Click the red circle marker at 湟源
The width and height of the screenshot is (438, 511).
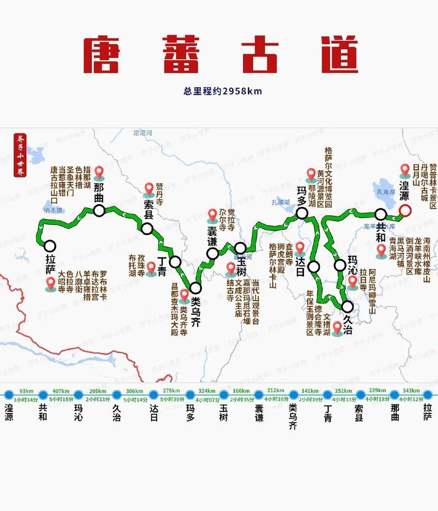[x=405, y=210]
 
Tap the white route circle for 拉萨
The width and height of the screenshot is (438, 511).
[x=50, y=246]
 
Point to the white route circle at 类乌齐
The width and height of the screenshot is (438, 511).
[x=195, y=288]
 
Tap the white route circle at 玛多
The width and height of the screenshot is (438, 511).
[x=301, y=213]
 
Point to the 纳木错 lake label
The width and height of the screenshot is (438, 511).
[x=53, y=210]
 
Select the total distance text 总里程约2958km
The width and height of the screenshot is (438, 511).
[x=222, y=91]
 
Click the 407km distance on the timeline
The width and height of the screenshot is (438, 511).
[x=61, y=391]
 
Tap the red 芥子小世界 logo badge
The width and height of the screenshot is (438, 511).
[x=20, y=155]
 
